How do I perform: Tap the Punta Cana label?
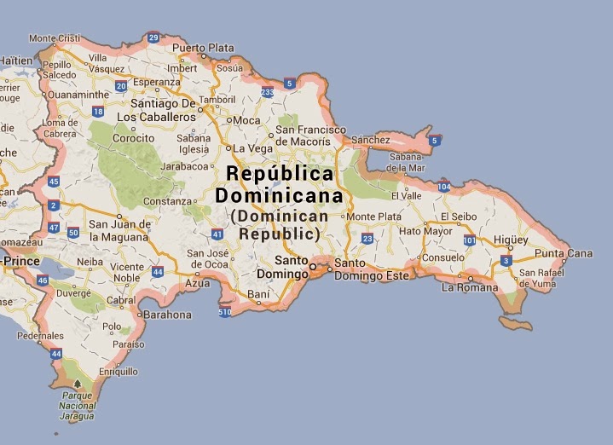[x=564, y=253]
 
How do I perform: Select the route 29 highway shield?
[x=153, y=38]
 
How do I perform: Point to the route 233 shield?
[x=268, y=91]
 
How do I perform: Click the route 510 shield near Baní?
[x=225, y=313]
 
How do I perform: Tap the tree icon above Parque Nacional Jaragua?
[x=78, y=384]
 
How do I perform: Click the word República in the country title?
[x=280, y=173]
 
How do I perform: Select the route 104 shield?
[x=443, y=186]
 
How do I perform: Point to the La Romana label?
[x=470, y=287]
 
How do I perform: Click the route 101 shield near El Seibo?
[x=469, y=241]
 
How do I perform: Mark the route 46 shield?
[x=43, y=280]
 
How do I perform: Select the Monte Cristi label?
[x=55, y=38]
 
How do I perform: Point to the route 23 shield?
[x=367, y=239]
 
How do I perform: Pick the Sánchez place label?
[x=370, y=140]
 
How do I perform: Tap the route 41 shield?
[x=217, y=234]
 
